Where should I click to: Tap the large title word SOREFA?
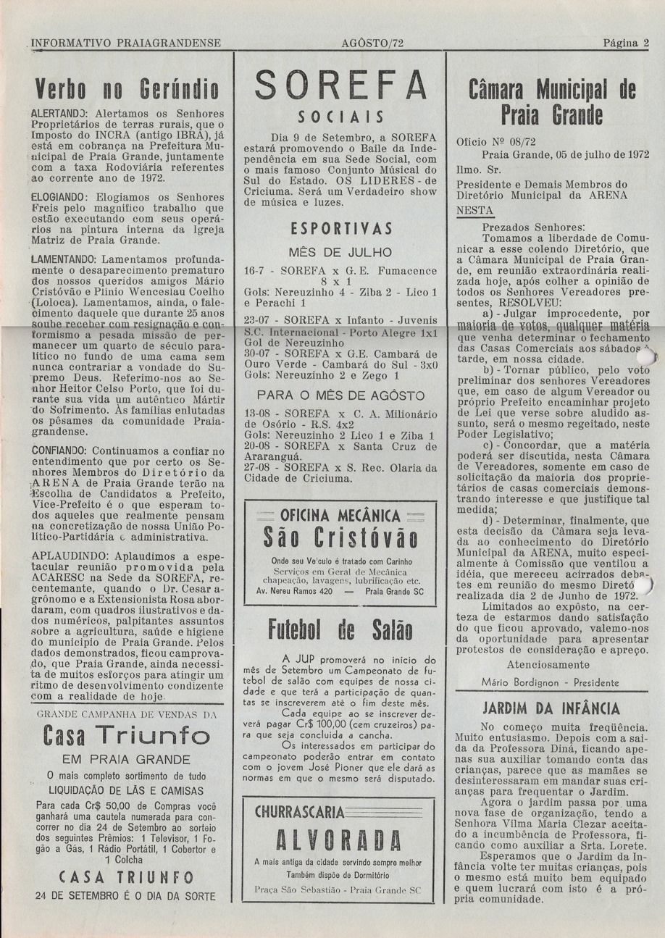341,85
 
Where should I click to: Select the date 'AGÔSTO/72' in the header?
372,43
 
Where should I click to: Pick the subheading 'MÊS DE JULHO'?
340,253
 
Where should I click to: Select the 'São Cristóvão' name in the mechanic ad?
340,539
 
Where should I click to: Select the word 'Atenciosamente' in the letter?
548,664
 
